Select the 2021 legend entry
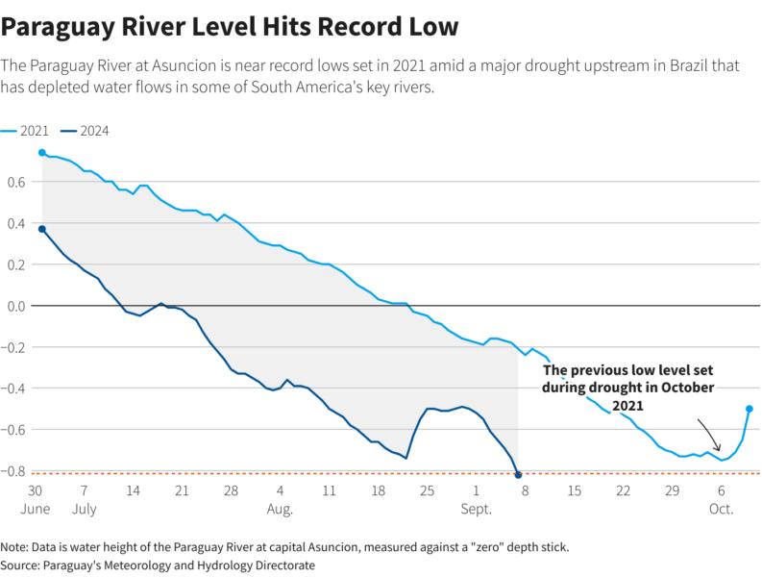pyautogui.click(x=23, y=132)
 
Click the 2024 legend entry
pyautogui.click(x=84, y=132)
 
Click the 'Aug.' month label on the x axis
pyautogui.click(x=280, y=507)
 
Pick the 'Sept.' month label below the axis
pyautogui.click(x=476, y=507)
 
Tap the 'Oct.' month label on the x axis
pyautogui.click(x=721, y=507)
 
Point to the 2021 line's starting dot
pyautogui.click(x=41, y=153)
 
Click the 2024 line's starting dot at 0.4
pyautogui.click(x=41, y=229)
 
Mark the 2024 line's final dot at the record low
pyautogui.click(x=519, y=475)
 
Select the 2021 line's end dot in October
pyautogui.click(x=749, y=409)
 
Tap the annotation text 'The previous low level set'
pyautogui.click(x=628, y=370)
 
